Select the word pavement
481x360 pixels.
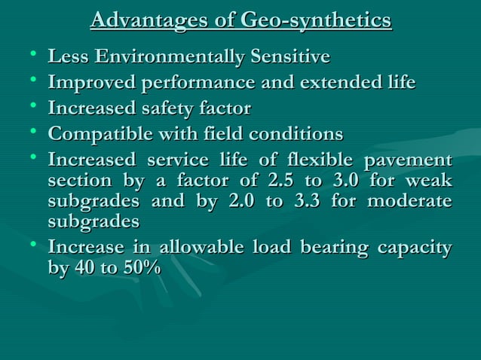point(409,160)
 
